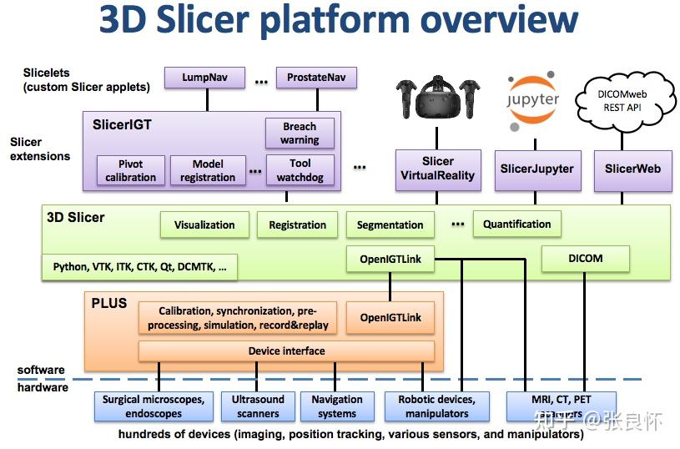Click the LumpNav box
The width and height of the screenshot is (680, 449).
[204, 78]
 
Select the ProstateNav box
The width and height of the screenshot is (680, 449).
[316, 78]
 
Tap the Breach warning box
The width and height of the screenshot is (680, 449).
[300, 134]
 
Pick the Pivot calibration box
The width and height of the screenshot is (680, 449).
[130, 170]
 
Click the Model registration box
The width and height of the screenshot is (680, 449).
[208, 170]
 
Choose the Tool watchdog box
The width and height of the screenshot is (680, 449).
[300, 170]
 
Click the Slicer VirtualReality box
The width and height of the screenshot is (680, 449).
[438, 169]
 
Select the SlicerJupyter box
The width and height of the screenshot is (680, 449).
[536, 169]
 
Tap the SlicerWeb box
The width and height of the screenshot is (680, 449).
[632, 169]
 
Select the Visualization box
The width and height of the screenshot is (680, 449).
[204, 224]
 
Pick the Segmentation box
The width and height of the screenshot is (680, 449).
[390, 224]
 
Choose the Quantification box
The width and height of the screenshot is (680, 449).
[516, 224]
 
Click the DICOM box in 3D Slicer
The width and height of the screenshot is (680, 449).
[585, 259]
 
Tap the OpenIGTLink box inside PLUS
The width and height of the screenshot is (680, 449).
[390, 317]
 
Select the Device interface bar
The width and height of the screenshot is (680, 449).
[286, 351]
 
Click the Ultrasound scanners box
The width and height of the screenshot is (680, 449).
[258, 406]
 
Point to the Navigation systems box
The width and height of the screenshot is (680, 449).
[336, 406]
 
